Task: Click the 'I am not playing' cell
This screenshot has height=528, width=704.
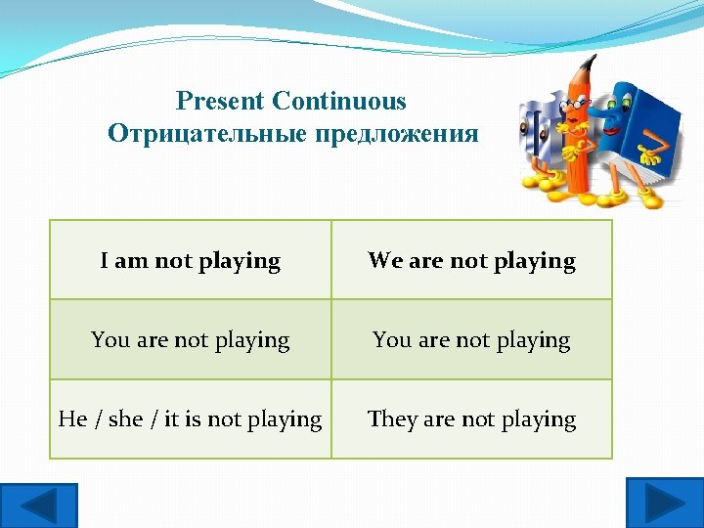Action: (191, 260)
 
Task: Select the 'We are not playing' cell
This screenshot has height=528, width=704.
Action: (471, 260)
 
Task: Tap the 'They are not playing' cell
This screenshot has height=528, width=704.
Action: (471, 419)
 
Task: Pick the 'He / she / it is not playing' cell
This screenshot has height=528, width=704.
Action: (191, 419)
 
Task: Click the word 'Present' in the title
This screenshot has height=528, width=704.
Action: (221, 101)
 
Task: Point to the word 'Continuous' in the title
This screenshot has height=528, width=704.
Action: (339, 101)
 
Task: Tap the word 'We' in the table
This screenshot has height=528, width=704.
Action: (384, 261)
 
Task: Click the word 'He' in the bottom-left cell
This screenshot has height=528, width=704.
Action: (73, 419)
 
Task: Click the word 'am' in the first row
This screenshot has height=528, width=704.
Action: (133, 261)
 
